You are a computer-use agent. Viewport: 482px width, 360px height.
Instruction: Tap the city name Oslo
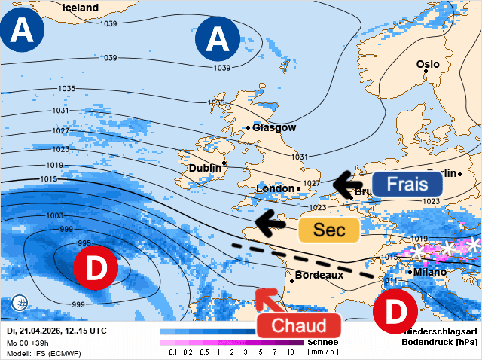pos(428,64)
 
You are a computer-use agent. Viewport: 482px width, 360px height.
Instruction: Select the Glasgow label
pos(274,127)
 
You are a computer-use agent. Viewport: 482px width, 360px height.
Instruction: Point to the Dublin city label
pos(205,168)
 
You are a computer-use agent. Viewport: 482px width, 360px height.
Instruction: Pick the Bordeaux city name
pos(319,275)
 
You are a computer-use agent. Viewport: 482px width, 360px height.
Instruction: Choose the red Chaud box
pos(299,325)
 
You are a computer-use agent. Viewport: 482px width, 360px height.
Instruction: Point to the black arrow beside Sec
pos(271,221)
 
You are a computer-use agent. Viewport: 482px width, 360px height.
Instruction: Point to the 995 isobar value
pos(85,243)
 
